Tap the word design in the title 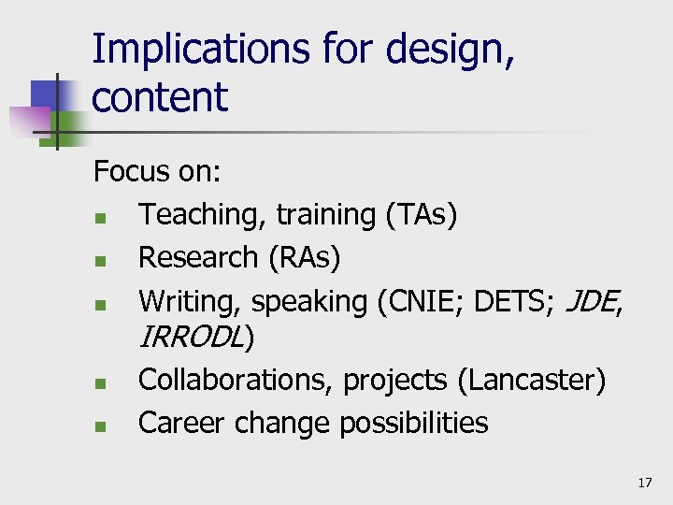point(453,49)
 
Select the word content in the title point(160,97)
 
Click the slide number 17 point(644,483)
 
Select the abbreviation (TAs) point(421,215)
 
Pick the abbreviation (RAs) point(304,257)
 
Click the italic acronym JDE point(594,301)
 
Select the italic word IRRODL point(191,338)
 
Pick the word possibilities point(413,423)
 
